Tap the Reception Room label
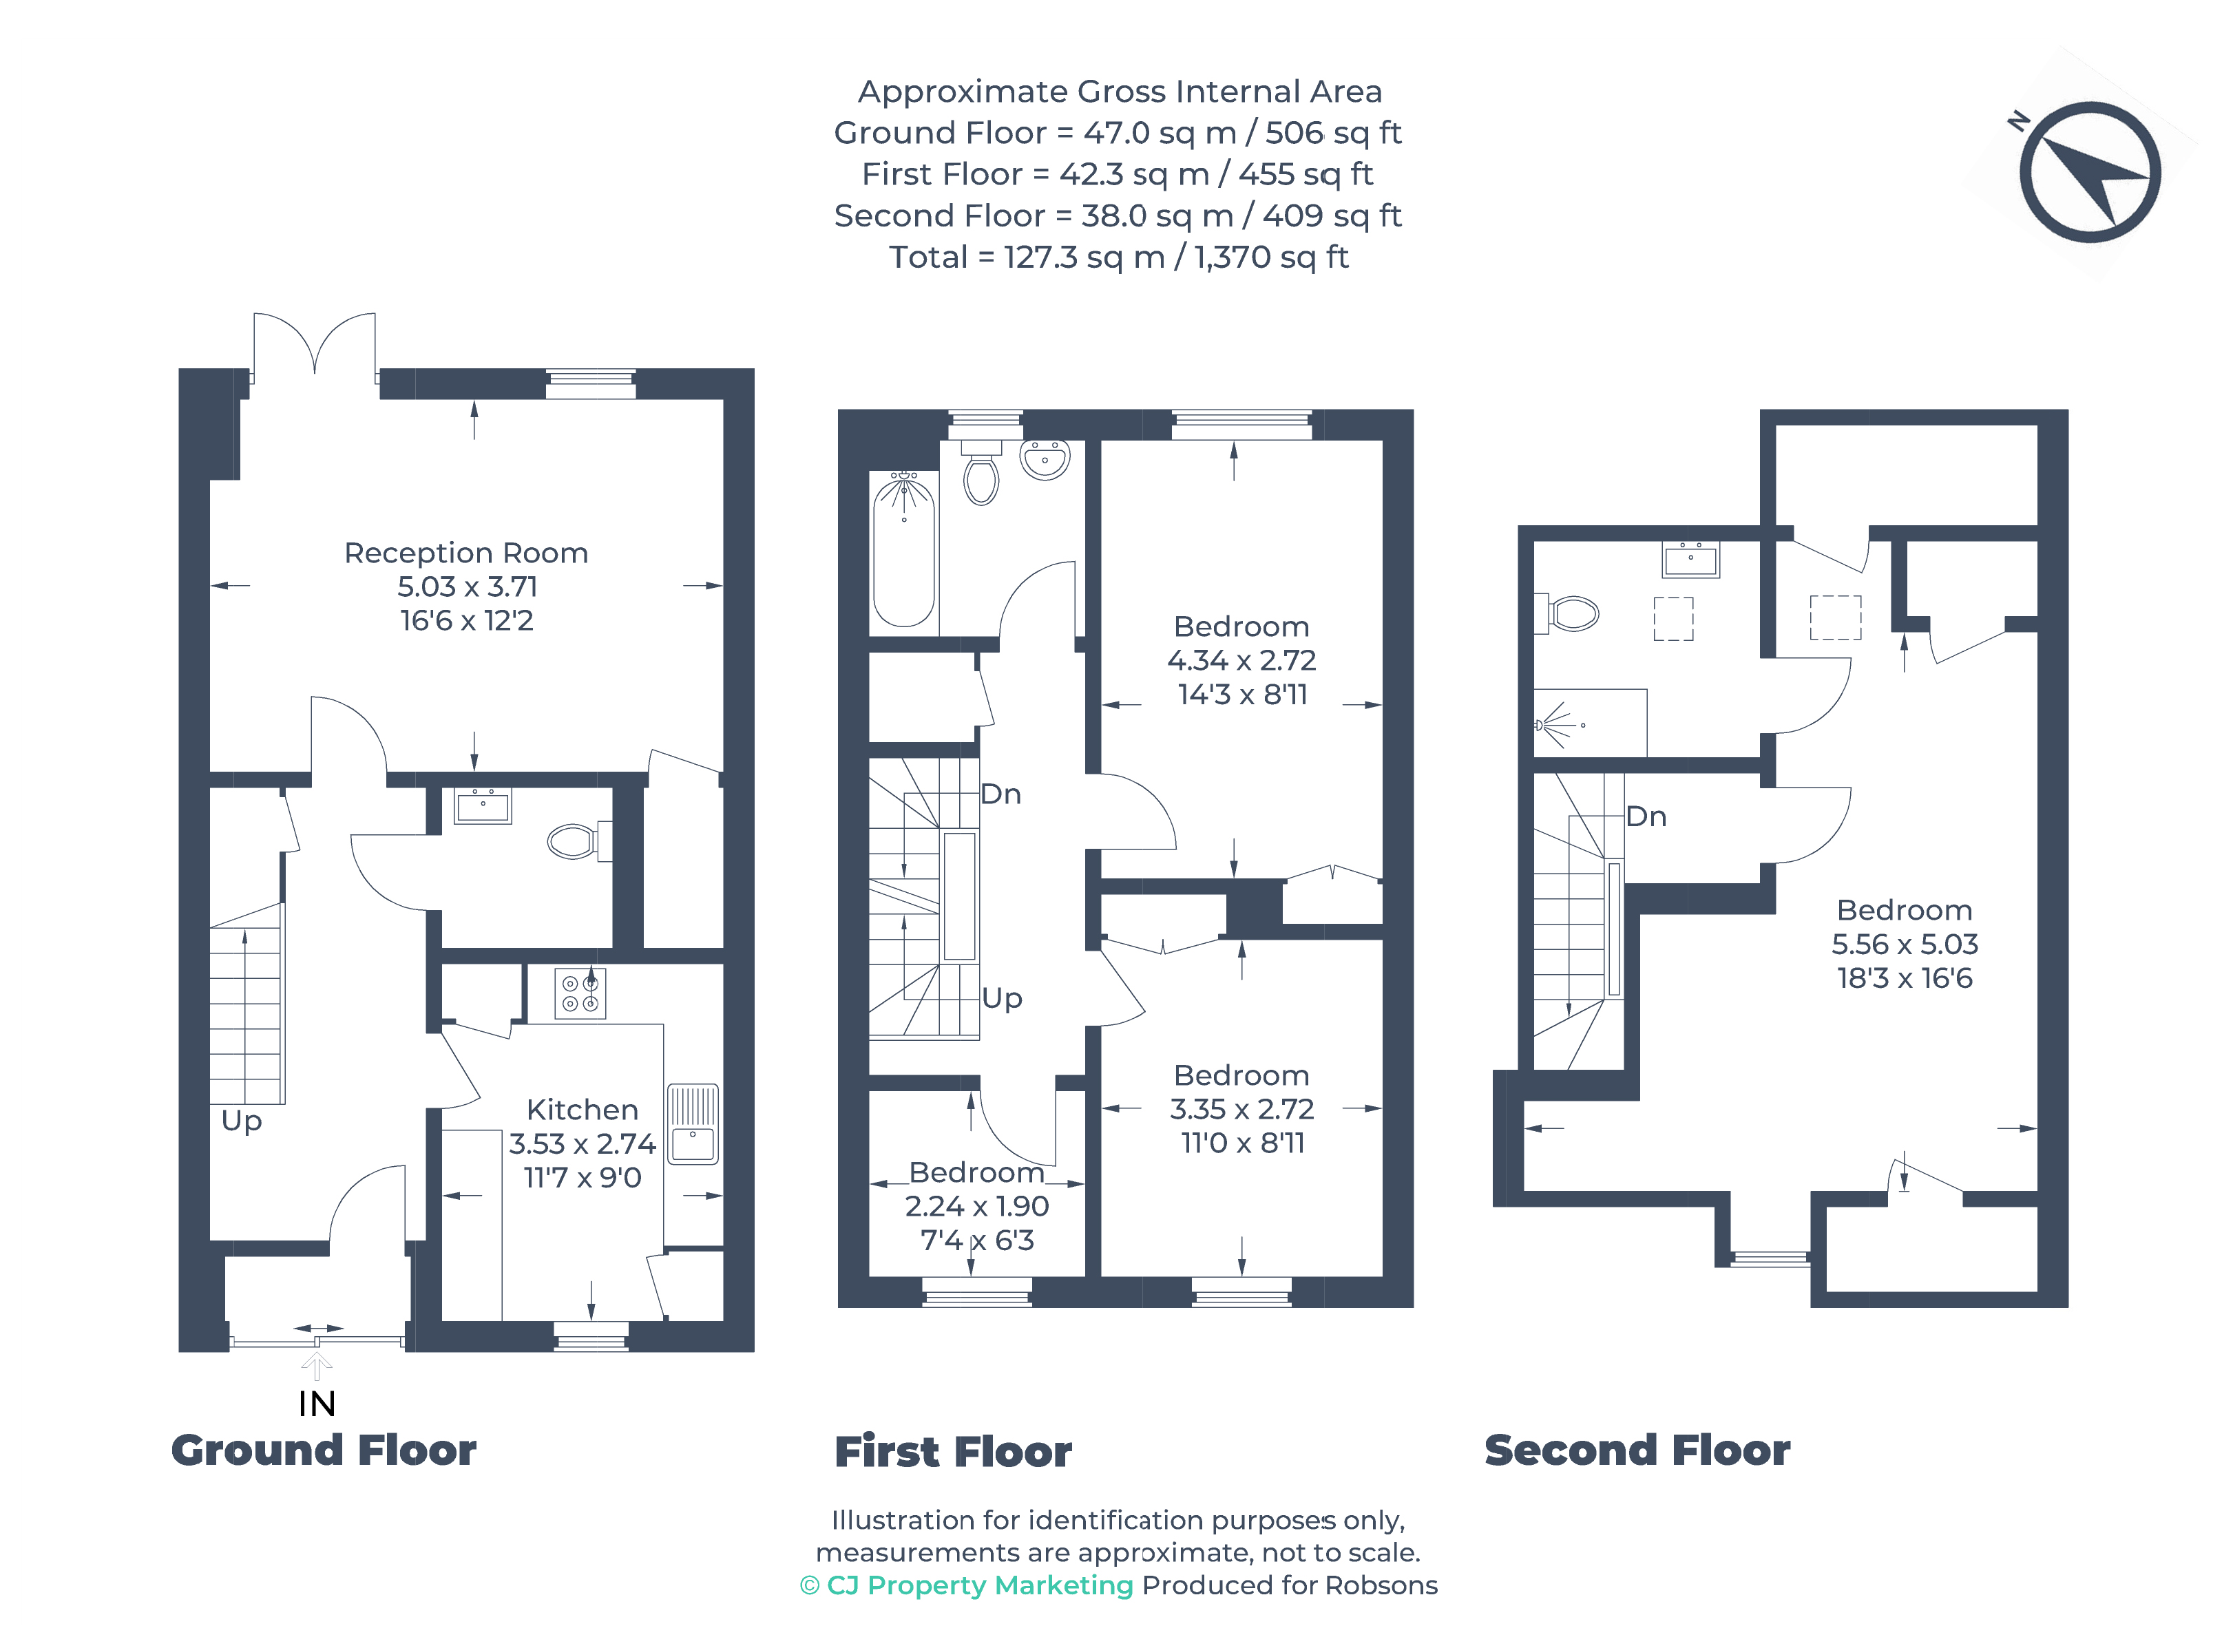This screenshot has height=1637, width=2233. (466, 553)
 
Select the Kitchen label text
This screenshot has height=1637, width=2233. (582, 1109)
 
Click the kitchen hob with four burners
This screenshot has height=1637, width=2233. (580, 993)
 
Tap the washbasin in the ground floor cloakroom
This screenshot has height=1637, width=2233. (483, 805)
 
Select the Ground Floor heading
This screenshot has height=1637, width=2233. (324, 1450)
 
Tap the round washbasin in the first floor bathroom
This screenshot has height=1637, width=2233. (1045, 461)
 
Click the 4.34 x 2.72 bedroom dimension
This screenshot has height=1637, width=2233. (1242, 660)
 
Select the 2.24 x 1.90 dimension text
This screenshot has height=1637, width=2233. (976, 1206)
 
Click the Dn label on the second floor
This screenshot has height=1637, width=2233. (1646, 816)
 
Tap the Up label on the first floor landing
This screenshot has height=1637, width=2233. (1002, 998)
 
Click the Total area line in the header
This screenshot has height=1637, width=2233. (1119, 257)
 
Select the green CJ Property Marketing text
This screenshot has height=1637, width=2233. (979, 1585)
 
